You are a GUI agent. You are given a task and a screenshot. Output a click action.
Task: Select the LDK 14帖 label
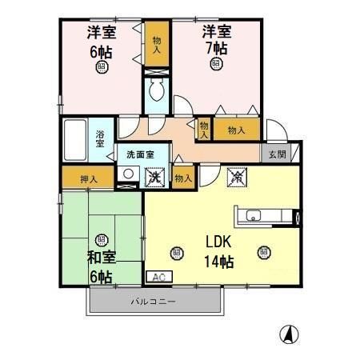coord(218,250)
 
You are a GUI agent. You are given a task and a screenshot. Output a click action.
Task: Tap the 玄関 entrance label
coord(276,154)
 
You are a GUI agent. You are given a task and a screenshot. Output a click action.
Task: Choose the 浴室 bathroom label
coord(101,138)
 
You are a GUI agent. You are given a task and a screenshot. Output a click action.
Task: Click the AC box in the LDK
coord(156,276)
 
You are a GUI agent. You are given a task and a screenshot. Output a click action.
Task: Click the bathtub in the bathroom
coord(78,140)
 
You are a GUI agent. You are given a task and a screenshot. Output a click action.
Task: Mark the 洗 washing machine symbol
coord(155,175)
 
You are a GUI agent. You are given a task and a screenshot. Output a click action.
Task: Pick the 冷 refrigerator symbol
coord(238,175)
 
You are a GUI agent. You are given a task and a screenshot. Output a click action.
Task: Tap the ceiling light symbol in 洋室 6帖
coord(102,67)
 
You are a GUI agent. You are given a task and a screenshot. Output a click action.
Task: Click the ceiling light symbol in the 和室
coord(102,239)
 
